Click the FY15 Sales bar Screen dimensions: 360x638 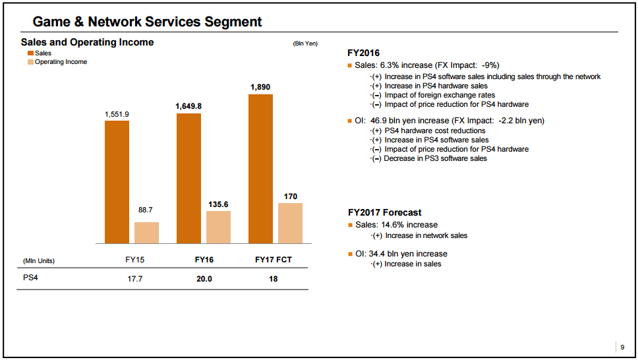[x=117, y=182]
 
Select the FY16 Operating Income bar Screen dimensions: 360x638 [x=218, y=227]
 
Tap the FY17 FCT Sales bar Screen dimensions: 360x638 [x=260, y=169]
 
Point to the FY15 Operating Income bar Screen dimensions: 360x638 [x=146, y=233]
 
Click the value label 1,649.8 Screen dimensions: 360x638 [x=188, y=105]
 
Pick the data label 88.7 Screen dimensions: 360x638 [x=146, y=210]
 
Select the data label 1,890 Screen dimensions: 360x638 [x=260, y=87]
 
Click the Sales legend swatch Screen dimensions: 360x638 [x=30, y=53]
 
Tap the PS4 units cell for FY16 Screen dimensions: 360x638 [x=204, y=279]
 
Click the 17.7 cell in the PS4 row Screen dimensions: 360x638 [x=135, y=279]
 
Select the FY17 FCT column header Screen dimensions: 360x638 [x=273, y=260]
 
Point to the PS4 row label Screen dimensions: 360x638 [x=31, y=278]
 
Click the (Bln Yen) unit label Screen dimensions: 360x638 [x=305, y=44]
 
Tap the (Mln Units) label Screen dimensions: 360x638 [x=39, y=260]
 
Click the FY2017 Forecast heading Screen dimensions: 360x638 [x=384, y=212]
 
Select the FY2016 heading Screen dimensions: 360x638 [x=363, y=53]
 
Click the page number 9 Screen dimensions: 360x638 [x=622, y=347]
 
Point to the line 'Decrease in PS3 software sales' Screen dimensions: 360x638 [x=435, y=158]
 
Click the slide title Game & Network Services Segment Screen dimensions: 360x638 [x=148, y=22]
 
